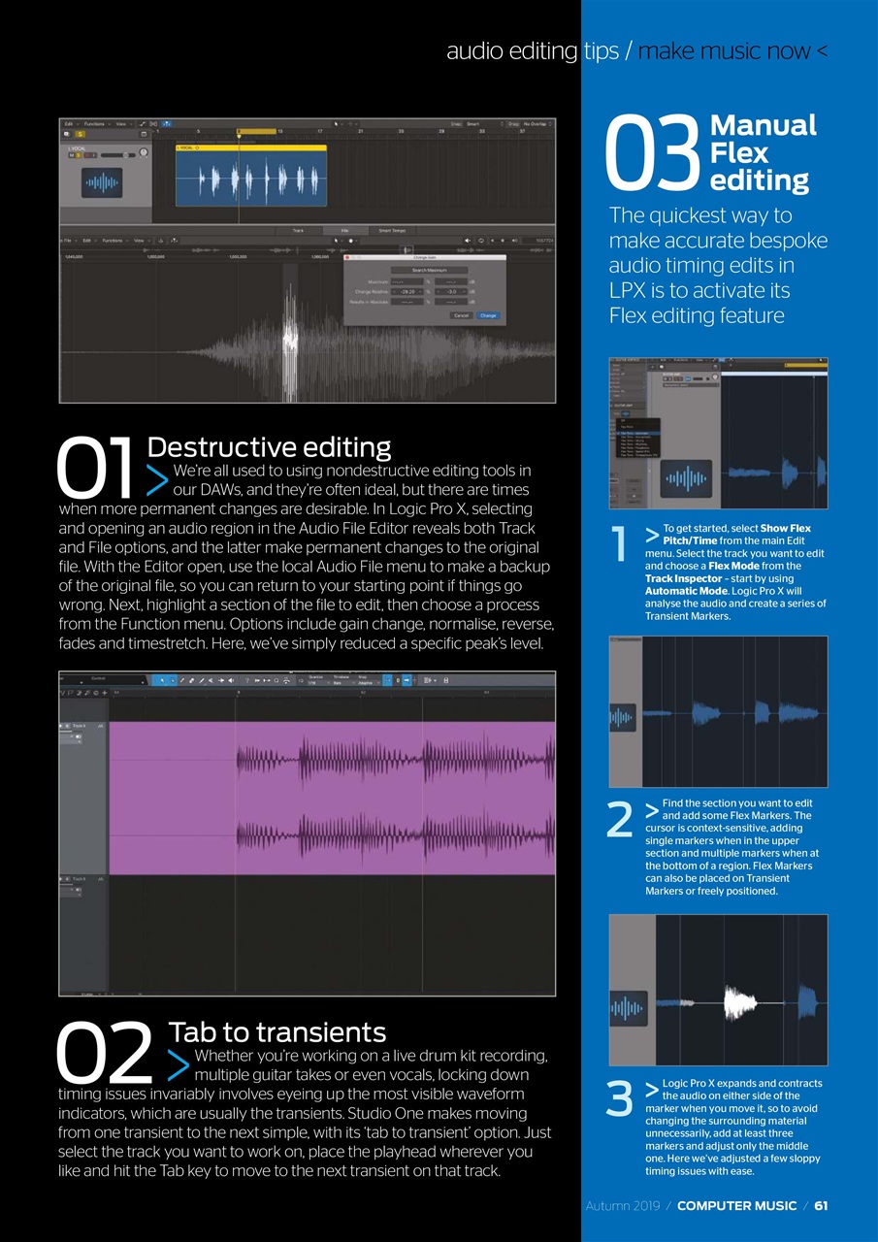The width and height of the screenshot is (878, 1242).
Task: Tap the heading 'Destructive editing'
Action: pyautogui.click(x=269, y=447)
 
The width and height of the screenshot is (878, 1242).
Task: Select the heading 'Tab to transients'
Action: pyautogui.click(x=277, y=1031)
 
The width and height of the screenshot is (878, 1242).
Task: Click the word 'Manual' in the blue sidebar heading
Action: pyautogui.click(x=764, y=125)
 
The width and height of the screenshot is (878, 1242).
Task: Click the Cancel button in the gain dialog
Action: pyautogui.click(x=461, y=315)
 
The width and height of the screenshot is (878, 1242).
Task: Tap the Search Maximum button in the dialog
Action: pyautogui.click(x=430, y=270)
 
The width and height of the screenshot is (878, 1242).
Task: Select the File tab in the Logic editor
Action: pyautogui.click(x=344, y=231)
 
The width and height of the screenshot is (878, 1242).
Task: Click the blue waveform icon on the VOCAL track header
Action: pyautogui.click(x=101, y=182)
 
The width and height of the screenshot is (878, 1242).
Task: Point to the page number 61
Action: pyautogui.click(x=821, y=1205)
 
